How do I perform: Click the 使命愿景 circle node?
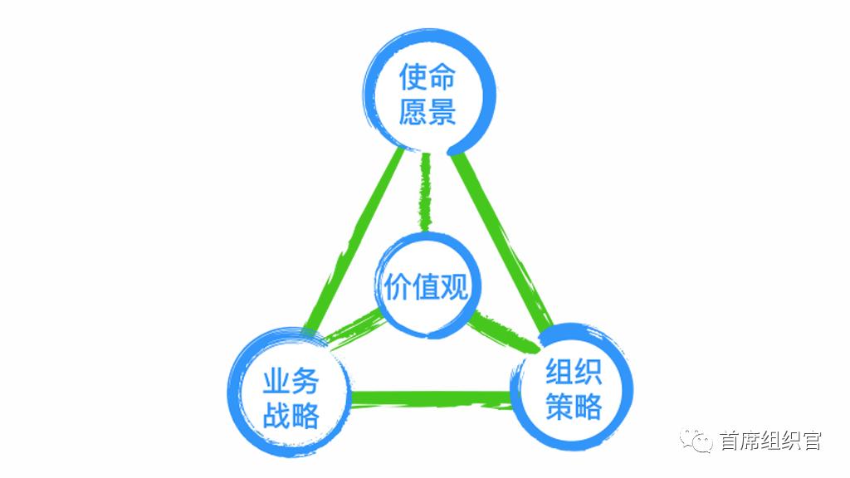coord(428,93)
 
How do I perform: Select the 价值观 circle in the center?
coord(426,286)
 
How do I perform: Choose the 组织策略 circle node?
coord(574,388)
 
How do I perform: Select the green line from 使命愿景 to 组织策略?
coord(503,241)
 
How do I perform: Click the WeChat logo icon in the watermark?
coord(697,440)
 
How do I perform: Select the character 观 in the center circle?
coord(454,287)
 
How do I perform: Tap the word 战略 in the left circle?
coord(291,415)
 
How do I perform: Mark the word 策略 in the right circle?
coord(574,407)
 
